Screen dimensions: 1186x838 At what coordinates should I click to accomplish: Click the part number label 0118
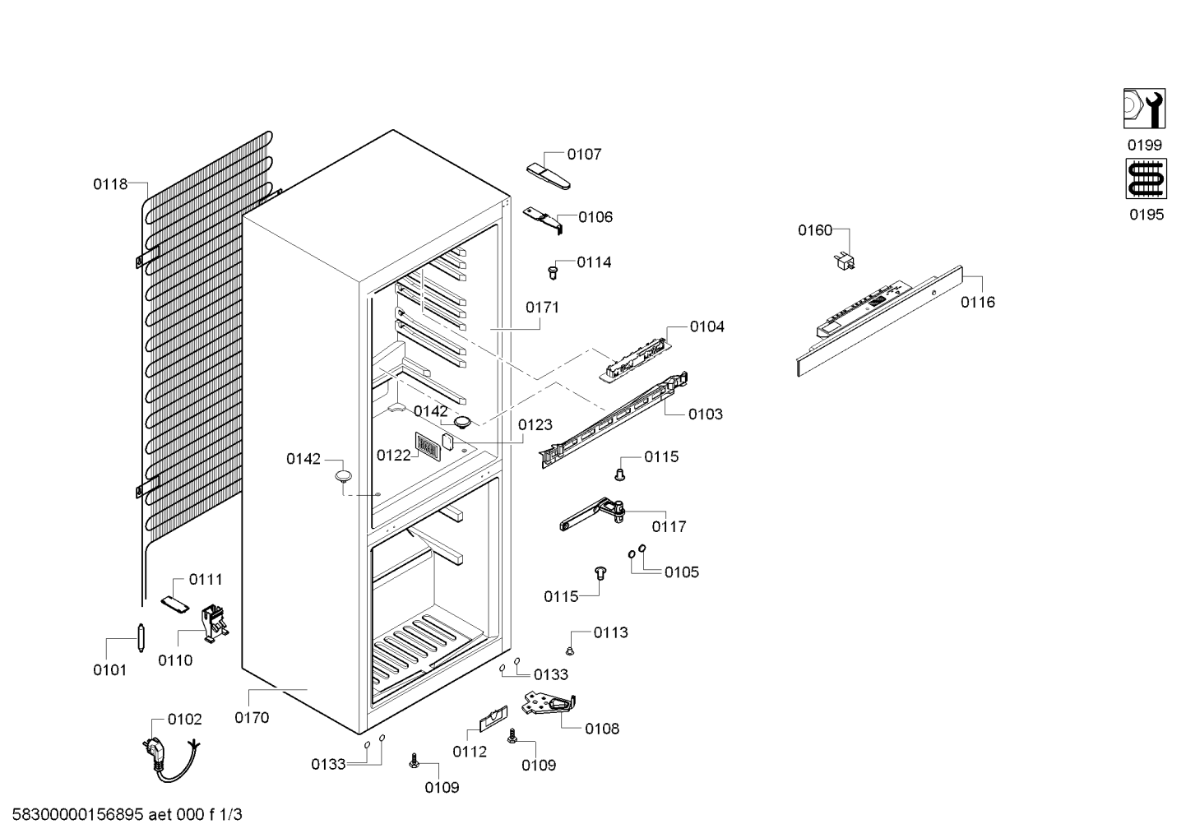point(111,184)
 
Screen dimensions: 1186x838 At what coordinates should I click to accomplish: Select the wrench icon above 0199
point(1144,109)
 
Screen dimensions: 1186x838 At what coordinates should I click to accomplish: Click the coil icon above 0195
point(1147,179)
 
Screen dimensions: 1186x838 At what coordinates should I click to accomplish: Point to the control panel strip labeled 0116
point(879,321)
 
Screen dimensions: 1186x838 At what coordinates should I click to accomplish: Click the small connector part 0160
point(845,262)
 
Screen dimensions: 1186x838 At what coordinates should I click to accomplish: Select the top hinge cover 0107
point(549,176)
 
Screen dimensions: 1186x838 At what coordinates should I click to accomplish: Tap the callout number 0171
point(542,307)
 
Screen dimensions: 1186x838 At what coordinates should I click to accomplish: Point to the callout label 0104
point(707,326)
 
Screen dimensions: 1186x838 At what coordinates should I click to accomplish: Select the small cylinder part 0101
point(141,638)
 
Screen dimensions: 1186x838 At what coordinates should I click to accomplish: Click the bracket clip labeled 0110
point(215,624)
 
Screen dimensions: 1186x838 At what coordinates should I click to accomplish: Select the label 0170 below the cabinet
point(252,717)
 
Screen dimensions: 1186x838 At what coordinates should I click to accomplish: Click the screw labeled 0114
point(554,273)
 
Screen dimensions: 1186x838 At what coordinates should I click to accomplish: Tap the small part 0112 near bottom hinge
point(493,719)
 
